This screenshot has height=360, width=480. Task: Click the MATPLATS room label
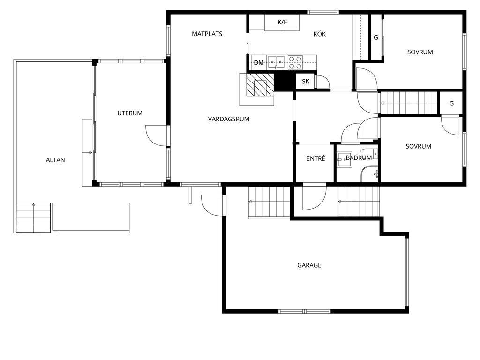207,34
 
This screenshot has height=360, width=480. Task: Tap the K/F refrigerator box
282,22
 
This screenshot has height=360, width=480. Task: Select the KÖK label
319,34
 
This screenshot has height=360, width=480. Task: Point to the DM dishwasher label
259,62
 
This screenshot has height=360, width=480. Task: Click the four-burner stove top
295,62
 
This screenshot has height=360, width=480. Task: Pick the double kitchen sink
276,62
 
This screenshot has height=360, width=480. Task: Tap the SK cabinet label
306,81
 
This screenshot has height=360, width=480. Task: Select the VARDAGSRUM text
229,119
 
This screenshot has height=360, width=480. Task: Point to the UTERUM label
130,113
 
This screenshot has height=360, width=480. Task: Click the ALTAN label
55,160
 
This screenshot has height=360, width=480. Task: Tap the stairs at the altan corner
33,217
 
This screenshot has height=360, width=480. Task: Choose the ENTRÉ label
315,158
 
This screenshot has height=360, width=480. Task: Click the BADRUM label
359,157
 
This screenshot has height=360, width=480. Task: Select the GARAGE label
309,265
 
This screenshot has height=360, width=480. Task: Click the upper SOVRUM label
420,52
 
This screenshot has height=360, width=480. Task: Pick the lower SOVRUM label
419,146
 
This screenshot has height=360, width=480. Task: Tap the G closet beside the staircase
451,104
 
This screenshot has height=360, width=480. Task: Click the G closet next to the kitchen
376,37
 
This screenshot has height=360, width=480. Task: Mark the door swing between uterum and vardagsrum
156,135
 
